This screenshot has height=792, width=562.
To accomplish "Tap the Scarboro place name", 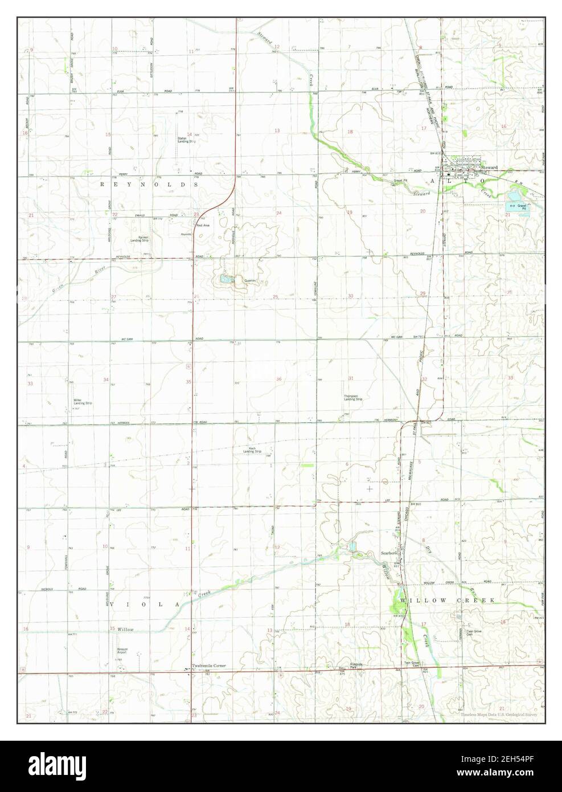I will [389, 553].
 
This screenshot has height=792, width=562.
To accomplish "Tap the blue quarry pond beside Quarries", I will [225, 279].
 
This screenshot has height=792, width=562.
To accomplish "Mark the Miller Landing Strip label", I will [83, 401].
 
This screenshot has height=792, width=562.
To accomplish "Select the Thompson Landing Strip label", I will [353, 397].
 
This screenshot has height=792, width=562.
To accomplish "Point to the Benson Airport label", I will [126, 650].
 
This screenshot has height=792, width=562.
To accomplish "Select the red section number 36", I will [278, 379].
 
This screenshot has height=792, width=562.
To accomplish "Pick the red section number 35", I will [188, 382].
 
